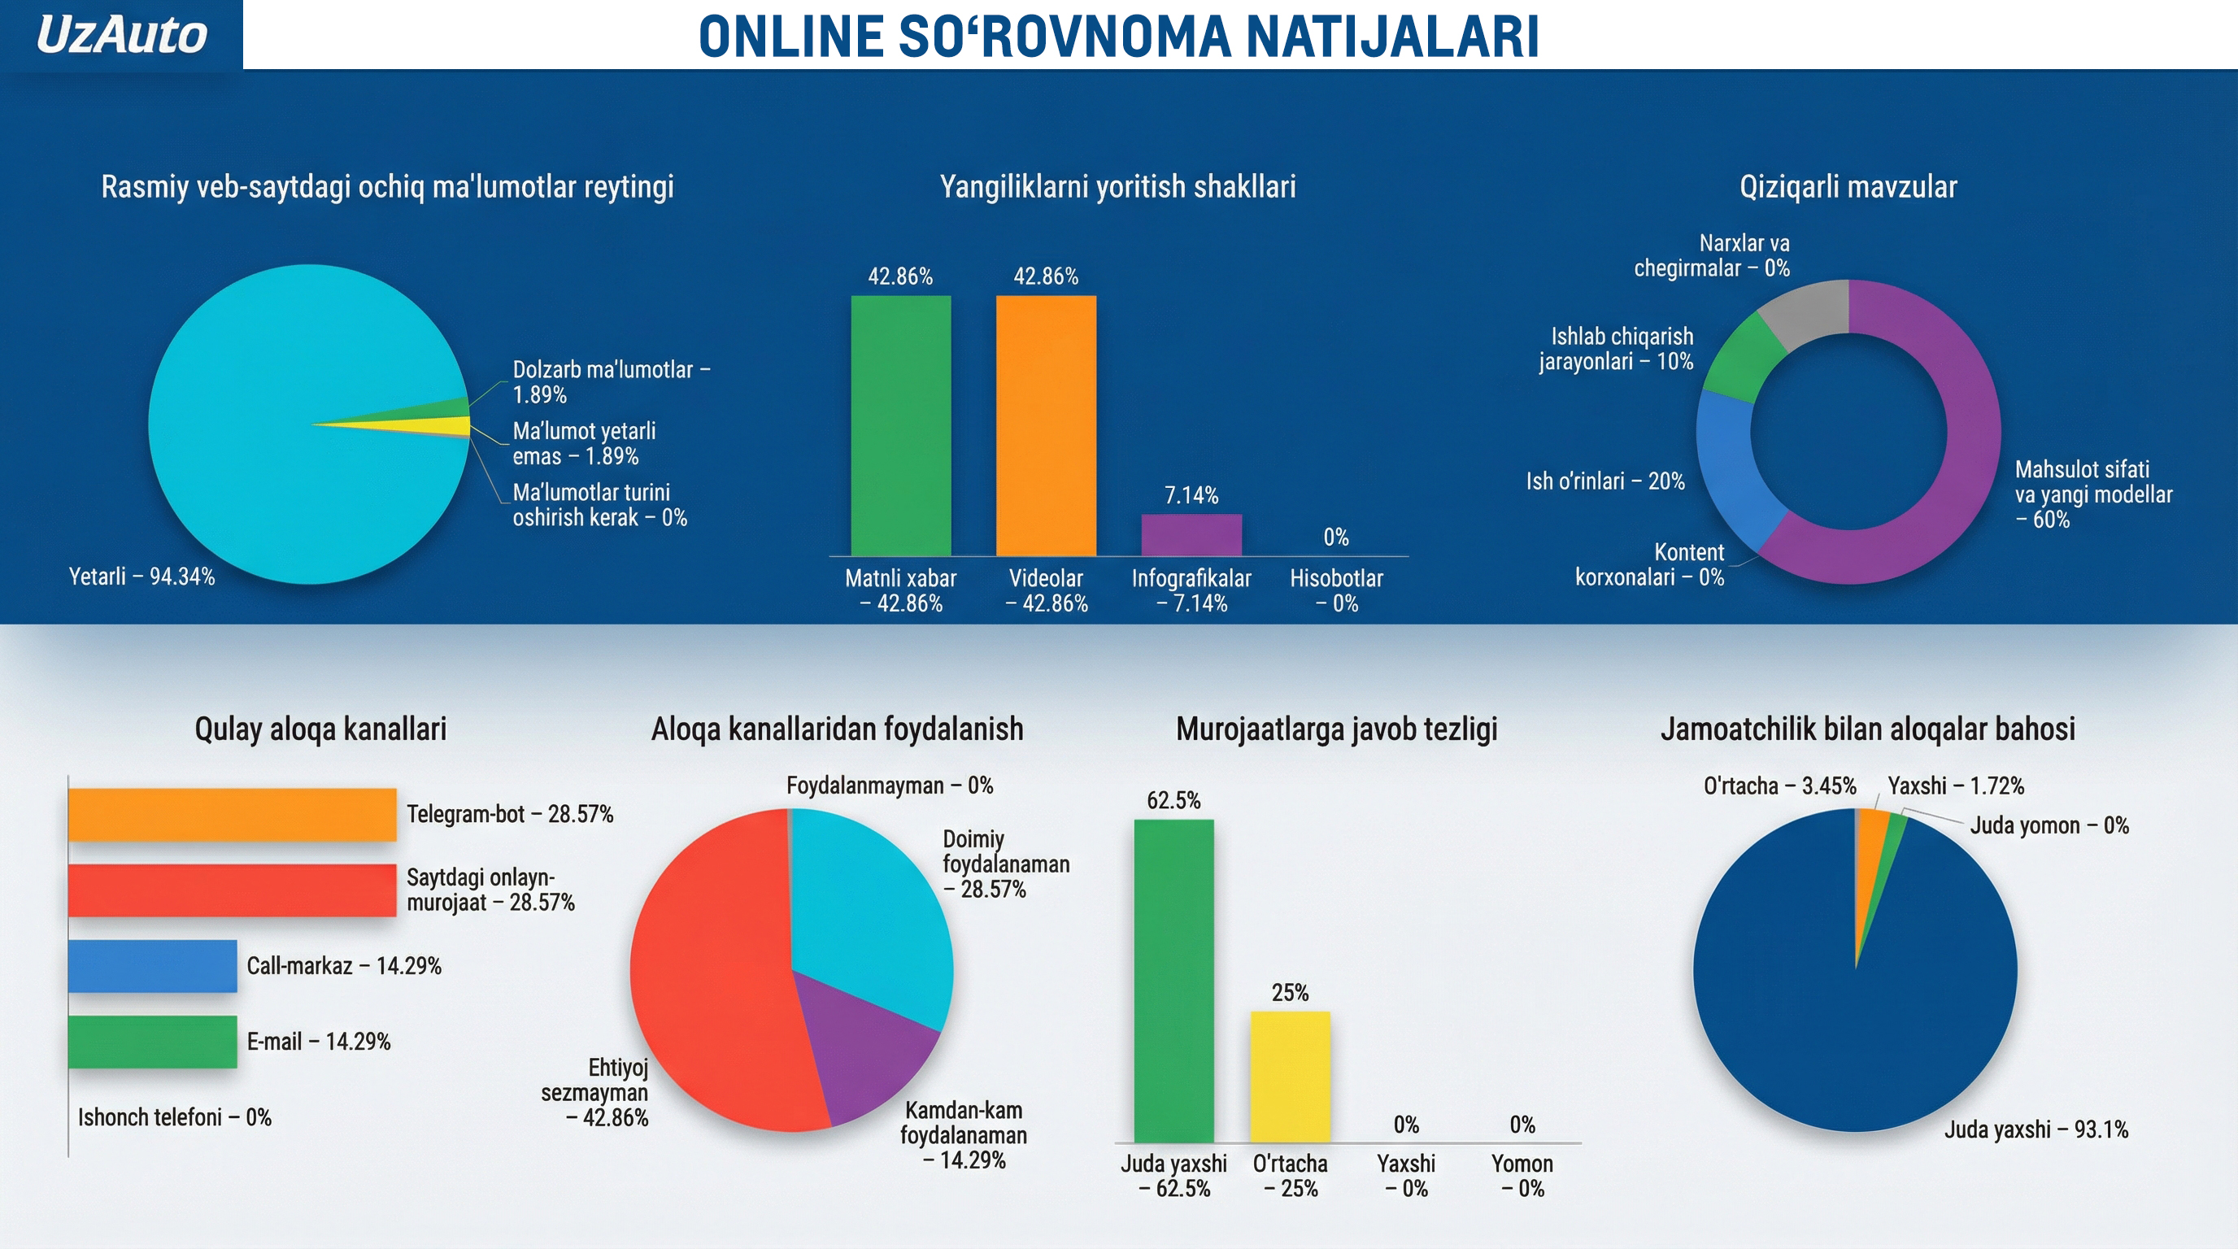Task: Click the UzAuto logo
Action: [x=122, y=35]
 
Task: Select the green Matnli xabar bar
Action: [x=901, y=425]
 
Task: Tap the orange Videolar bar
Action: [x=1046, y=425]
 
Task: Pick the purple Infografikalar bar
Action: [x=1191, y=535]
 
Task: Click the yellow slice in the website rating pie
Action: [x=452, y=425]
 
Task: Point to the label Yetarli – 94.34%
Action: [x=142, y=577]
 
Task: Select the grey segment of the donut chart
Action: [x=1811, y=315]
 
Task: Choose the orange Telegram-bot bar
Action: [x=233, y=815]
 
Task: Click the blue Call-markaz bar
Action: [x=153, y=966]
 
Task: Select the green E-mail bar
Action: [x=153, y=1042]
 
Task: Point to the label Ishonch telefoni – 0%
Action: [x=175, y=1117]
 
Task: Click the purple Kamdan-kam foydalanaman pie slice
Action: [x=869, y=1042]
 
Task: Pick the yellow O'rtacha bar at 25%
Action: [x=1290, y=1077]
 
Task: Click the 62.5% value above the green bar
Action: [x=1173, y=800]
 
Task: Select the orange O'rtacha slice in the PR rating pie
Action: [x=1870, y=842]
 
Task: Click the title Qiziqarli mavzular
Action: [x=1848, y=187]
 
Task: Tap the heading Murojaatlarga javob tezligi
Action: [x=1336, y=729]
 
